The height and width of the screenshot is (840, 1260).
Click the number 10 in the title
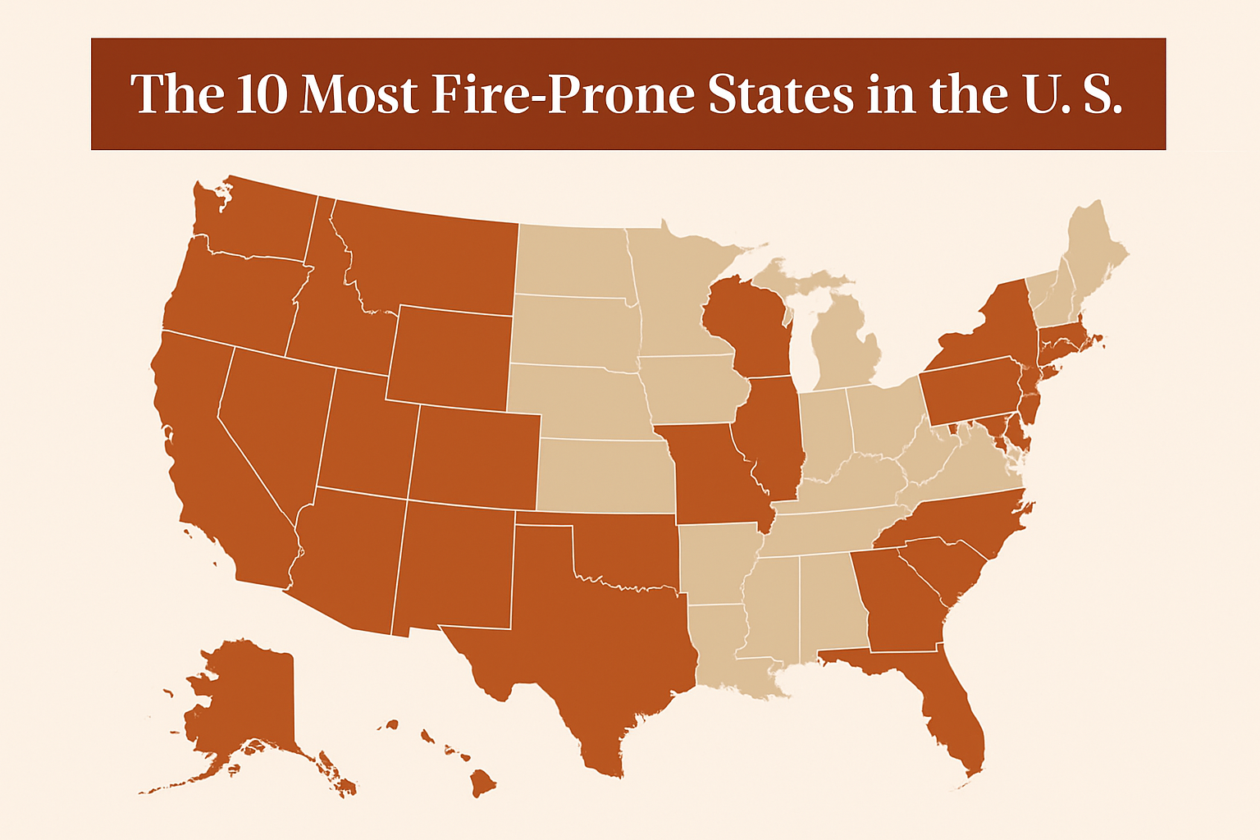point(262,94)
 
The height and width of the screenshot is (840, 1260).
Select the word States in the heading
point(779,94)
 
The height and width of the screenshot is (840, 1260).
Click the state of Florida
point(952,705)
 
